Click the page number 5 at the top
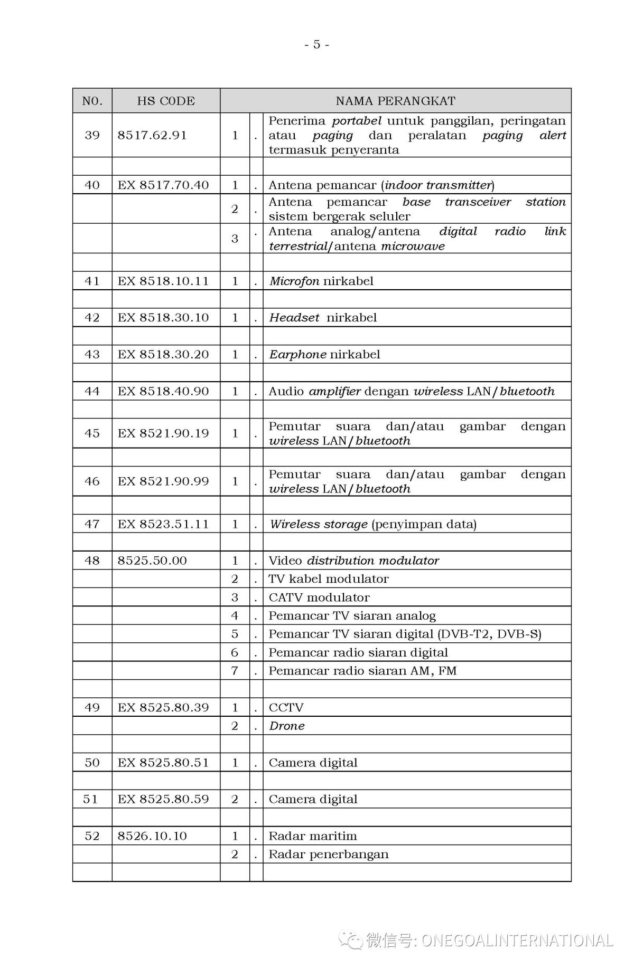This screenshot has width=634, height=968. [316, 44]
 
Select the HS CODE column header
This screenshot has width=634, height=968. [166, 101]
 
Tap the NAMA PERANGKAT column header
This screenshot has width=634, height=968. [395, 101]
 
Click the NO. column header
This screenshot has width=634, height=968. [92, 101]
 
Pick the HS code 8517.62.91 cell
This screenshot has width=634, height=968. [152, 135]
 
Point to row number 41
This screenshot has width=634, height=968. [92, 281]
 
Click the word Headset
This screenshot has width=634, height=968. [294, 318]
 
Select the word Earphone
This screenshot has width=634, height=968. [298, 355]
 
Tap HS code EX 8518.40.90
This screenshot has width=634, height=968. [163, 391]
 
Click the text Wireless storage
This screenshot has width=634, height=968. [319, 524]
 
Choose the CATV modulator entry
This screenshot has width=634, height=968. [319, 597]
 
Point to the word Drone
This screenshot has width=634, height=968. [287, 726]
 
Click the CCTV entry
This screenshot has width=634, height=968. [286, 707]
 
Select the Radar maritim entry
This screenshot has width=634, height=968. [313, 836]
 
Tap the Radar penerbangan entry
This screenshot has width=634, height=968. [329, 855]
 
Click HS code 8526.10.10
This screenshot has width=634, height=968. [152, 836]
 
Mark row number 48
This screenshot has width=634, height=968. [92, 561]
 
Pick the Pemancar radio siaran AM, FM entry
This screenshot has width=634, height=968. [362, 671]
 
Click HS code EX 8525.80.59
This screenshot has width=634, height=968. [163, 799]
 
